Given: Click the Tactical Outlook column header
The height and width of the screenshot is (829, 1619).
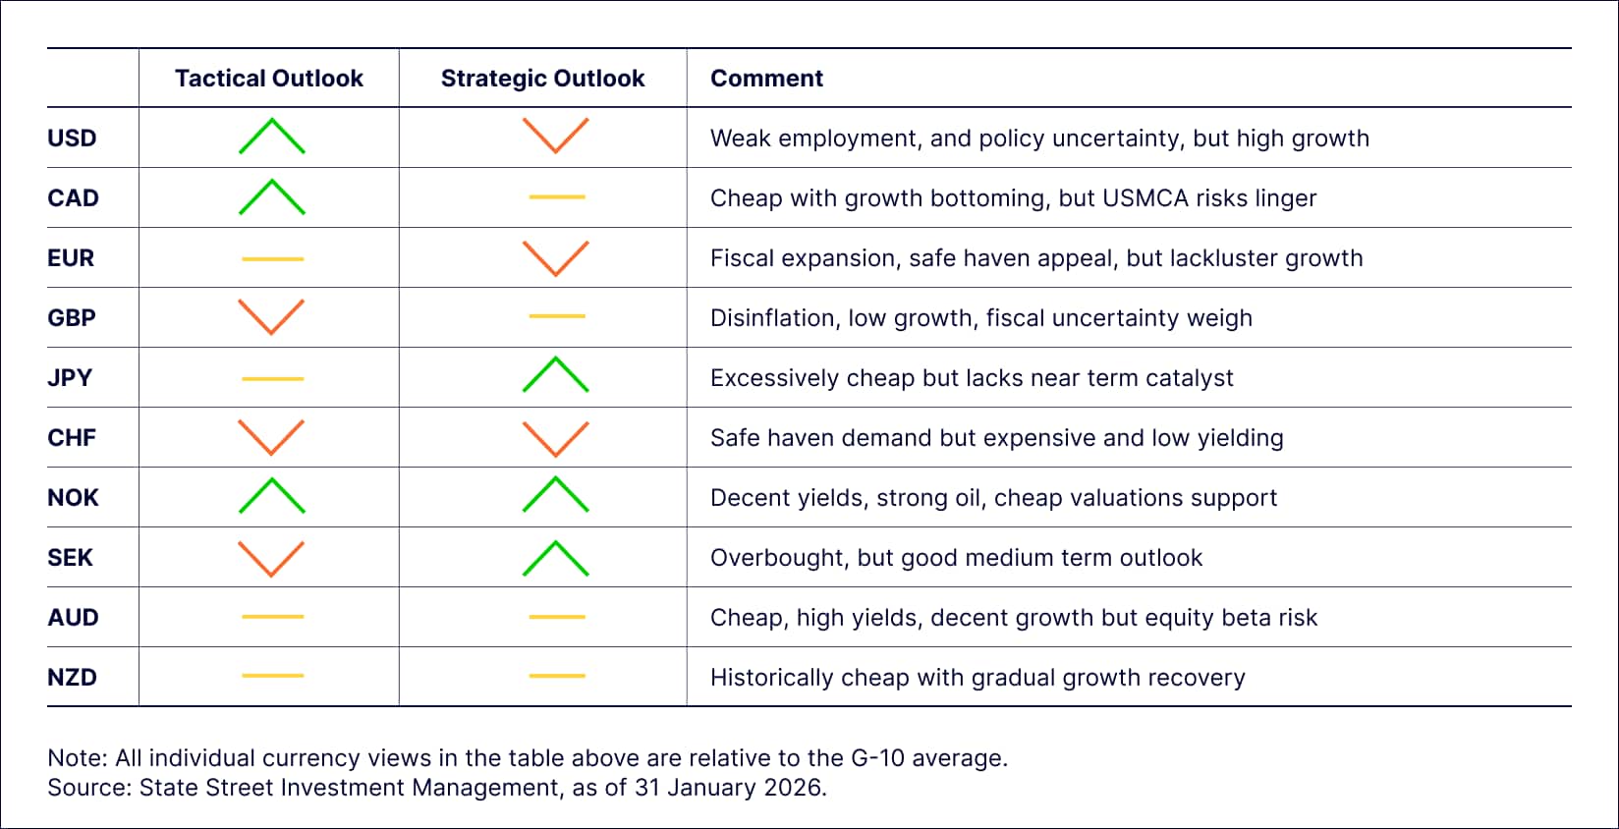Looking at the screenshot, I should pos(268,79).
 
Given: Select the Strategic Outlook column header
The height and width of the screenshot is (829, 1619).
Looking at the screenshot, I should pos(542,79).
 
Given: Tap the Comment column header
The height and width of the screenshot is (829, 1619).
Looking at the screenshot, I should pos(766,79).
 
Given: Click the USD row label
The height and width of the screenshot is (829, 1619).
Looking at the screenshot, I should pos(72,138).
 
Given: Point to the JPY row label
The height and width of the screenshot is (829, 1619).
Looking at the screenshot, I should pos(70,378).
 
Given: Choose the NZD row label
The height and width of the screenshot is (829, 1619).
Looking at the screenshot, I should pos(72,678).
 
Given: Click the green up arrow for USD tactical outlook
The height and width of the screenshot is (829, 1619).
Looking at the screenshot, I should pos(272,137).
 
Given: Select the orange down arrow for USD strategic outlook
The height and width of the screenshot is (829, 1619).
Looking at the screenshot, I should pos(555,136).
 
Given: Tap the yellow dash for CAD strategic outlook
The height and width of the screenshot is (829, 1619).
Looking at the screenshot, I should pos(556,197).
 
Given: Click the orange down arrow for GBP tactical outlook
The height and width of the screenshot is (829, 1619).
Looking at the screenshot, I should pos(271,316).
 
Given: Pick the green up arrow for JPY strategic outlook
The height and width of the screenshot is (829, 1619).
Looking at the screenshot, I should pos(555,375).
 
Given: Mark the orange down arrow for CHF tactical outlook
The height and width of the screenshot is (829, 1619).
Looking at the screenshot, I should pos(271,437).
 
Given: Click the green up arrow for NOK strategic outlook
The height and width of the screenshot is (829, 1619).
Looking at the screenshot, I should pos(555,495).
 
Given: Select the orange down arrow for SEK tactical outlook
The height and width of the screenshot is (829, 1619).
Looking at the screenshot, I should pos(271,558).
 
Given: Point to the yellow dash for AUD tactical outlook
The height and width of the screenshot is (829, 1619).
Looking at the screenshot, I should pos(272,617).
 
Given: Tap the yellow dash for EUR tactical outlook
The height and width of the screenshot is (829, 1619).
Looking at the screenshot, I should pos(272,258).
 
